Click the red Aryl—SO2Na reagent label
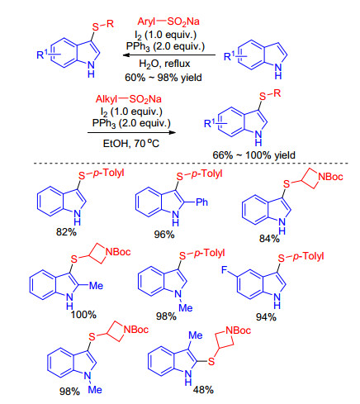(x=168, y=21)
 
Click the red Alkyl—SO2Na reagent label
(x=129, y=99)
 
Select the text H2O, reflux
(x=164, y=64)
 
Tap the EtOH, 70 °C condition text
(x=131, y=143)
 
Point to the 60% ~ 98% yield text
(x=163, y=78)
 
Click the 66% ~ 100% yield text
(x=253, y=155)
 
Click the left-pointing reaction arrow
(x=169, y=55)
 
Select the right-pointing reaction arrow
(x=132, y=132)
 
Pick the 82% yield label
(x=66, y=232)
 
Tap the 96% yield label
(x=164, y=235)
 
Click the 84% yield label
(x=269, y=239)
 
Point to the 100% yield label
(x=83, y=315)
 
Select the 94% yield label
(x=266, y=317)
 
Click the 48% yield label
(x=203, y=390)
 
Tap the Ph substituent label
(x=201, y=202)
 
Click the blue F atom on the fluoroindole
(x=225, y=270)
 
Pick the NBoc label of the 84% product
(x=330, y=177)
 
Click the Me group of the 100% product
(x=96, y=286)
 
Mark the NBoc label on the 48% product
(x=238, y=330)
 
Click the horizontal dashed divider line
(x=191, y=164)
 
